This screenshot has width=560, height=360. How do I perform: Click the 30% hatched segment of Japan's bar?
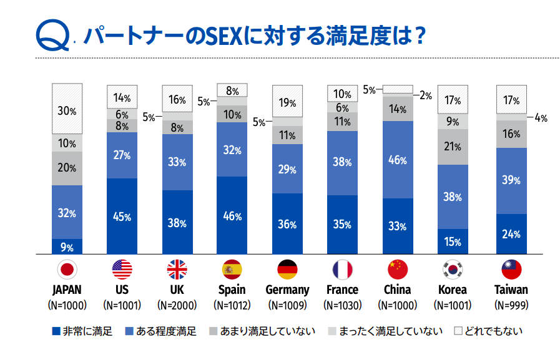tap(67, 109)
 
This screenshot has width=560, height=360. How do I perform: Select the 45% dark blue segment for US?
tap(122, 216)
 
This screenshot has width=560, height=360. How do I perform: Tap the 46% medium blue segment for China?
tap(398, 160)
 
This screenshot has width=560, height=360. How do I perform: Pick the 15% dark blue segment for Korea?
tap(453, 241)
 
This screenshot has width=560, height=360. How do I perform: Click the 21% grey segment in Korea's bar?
tap(453, 147)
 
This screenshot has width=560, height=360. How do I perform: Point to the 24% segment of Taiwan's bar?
tap(511, 234)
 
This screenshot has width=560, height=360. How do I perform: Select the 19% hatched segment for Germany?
tap(288, 101)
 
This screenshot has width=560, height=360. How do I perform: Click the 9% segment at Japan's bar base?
tap(67, 246)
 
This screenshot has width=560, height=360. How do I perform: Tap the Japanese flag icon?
tap(67, 270)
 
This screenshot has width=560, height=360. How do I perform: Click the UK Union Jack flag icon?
tap(177, 270)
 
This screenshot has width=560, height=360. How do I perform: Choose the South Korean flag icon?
tap(453, 270)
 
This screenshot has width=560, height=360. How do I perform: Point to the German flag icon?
tap(288, 270)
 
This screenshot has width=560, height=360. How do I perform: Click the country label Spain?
tap(232, 289)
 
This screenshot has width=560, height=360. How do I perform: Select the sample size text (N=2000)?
tap(177, 306)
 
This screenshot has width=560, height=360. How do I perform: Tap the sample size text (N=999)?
tap(511, 306)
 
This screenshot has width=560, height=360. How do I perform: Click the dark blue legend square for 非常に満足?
tap(56, 331)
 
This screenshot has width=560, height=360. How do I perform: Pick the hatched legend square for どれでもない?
tap(458, 331)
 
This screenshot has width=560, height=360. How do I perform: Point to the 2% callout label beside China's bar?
tap(426, 95)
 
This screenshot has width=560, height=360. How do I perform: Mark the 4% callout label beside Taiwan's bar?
tap(541, 118)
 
